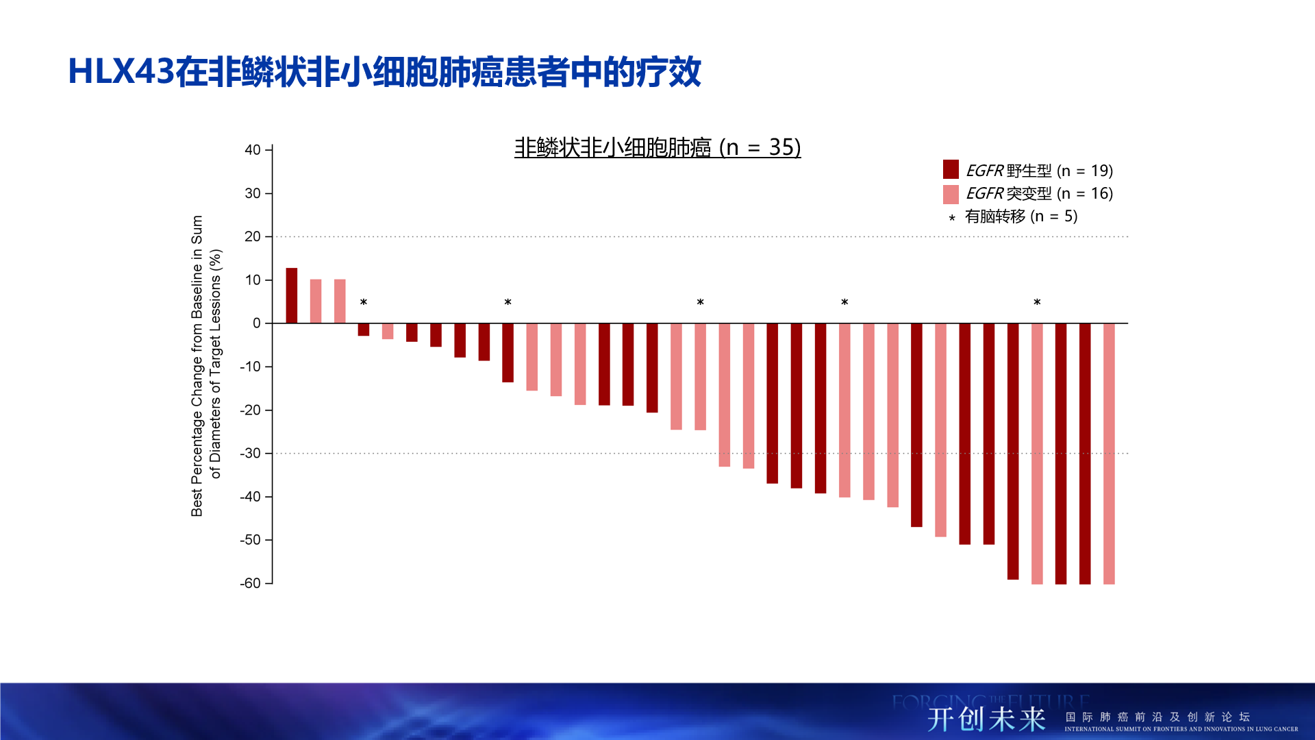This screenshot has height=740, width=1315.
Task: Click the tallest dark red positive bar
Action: click(291, 295)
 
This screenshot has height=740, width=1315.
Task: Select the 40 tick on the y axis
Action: click(253, 150)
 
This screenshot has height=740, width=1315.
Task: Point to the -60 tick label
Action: click(251, 584)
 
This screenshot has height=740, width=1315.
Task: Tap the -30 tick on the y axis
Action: click(251, 454)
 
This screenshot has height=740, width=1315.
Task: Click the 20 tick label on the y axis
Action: click(253, 237)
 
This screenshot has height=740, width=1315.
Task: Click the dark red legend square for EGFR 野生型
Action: click(951, 169)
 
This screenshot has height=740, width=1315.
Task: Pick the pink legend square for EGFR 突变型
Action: click(951, 194)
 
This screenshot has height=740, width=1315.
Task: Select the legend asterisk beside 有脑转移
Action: click(951, 218)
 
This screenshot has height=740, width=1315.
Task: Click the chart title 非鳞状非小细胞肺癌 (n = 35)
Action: click(657, 147)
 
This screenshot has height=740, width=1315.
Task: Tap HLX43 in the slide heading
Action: click(121, 71)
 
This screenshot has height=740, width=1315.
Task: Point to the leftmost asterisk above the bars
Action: click(364, 302)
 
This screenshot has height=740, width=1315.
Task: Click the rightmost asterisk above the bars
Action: click(1037, 302)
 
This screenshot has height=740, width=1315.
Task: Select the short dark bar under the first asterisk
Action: click(364, 330)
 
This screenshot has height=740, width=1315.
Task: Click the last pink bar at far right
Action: click(1109, 452)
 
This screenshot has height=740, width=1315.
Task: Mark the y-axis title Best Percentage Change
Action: click(197, 366)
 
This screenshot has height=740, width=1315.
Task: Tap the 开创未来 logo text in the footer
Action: click(986, 719)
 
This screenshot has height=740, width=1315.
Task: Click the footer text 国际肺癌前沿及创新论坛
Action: click(1157, 717)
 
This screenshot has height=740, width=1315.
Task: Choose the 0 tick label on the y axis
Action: click(257, 323)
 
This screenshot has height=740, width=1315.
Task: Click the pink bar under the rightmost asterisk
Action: click(1037, 452)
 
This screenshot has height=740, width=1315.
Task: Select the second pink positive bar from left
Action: click(340, 301)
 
